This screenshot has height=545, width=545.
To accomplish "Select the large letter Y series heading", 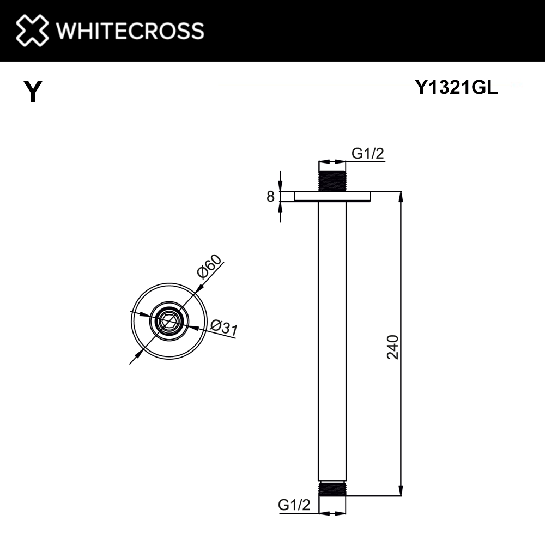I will (33, 92).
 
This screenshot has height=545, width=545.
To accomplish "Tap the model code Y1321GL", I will (457, 89).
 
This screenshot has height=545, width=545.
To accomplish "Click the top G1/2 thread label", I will (368, 154).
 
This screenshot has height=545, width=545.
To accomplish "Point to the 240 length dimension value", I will (393, 347).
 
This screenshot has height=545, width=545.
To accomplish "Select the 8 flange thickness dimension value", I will (270, 197).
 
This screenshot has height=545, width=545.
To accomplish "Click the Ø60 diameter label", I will (210, 266).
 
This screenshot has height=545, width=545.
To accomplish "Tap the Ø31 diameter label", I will (223, 327).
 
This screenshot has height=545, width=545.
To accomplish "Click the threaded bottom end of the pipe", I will (332, 488).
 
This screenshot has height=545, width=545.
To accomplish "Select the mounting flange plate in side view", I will (332, 196).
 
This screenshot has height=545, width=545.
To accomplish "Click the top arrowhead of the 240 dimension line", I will (402, 196).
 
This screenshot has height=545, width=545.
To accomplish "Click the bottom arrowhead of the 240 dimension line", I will (402, 492).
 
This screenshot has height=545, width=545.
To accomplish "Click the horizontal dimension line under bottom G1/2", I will (332, 513).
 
